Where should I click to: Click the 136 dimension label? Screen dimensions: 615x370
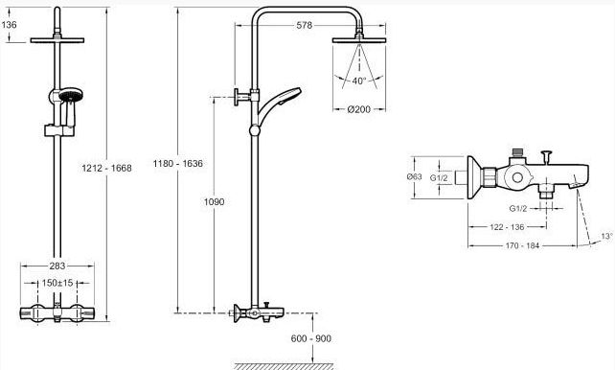[9, 25]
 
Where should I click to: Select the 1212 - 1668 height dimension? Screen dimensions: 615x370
[106, 168]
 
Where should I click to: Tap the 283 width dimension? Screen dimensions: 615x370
[57, 266]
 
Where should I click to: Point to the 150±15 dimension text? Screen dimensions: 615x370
[57, 283]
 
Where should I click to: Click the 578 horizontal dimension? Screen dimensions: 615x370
[305, 25]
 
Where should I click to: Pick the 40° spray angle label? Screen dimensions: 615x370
[359, 81]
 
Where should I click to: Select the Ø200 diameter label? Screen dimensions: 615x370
[359, 109]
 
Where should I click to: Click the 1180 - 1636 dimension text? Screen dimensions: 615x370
[177, 163]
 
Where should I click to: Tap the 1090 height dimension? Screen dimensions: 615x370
[215, 201]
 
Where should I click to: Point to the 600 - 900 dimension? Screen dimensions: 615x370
[311, 338]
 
